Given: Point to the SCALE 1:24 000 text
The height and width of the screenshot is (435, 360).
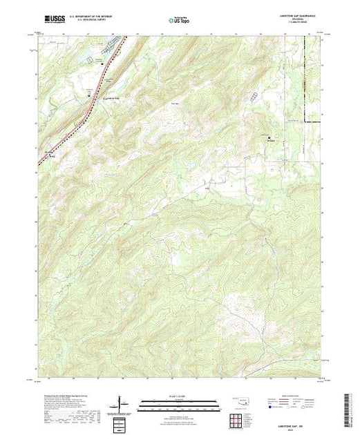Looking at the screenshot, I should (178, 396).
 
